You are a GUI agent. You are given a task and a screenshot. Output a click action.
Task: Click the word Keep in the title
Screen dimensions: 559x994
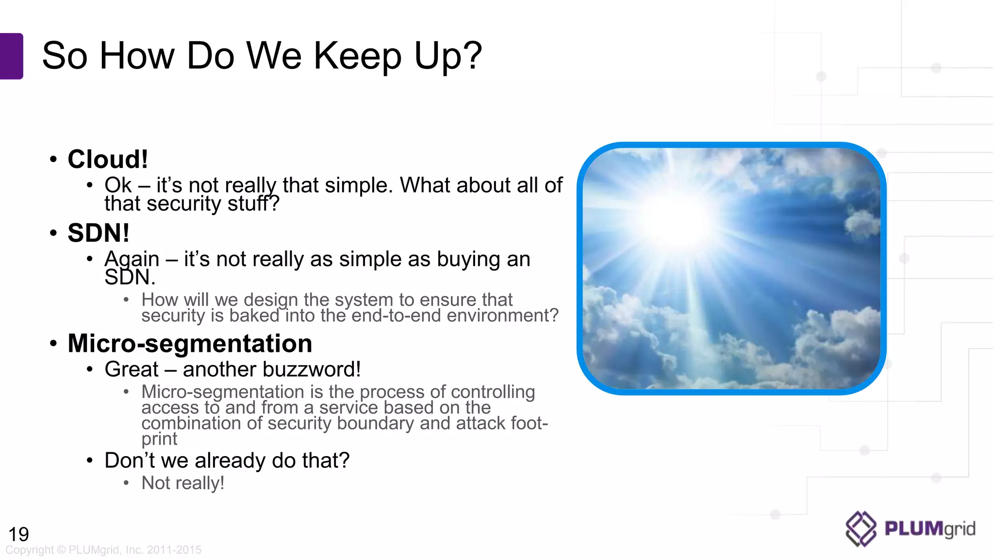click(x=357, y=56)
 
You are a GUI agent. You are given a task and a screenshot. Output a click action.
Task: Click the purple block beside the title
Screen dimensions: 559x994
click(x=11, y=56)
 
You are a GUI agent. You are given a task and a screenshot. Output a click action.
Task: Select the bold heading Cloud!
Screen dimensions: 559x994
click(x=107, y=159)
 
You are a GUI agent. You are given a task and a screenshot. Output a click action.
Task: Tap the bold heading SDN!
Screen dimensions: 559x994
click(x=99, y=233)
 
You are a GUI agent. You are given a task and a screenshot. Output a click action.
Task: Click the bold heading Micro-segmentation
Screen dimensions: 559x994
click(x=190, y=344)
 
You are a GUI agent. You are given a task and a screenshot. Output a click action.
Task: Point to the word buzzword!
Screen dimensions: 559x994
click(x=320, y=370)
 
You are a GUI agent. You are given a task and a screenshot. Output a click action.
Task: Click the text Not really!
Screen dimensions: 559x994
click(x=182, y=483)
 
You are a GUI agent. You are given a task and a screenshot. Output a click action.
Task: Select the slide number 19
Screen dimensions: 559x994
click(x=18, y=534)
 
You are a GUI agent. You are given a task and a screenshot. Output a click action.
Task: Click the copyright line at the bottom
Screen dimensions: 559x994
click(x=103, y=550)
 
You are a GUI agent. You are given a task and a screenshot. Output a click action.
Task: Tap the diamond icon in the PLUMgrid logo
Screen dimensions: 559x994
click(x=861, y=529)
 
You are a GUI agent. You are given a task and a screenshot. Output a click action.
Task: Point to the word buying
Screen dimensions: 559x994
click(x=468, y=259)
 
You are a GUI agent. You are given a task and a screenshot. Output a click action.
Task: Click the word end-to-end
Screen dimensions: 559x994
click(x=396, y=316)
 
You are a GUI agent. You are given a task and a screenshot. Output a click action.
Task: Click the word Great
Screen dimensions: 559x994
click(x=131, y=370)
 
